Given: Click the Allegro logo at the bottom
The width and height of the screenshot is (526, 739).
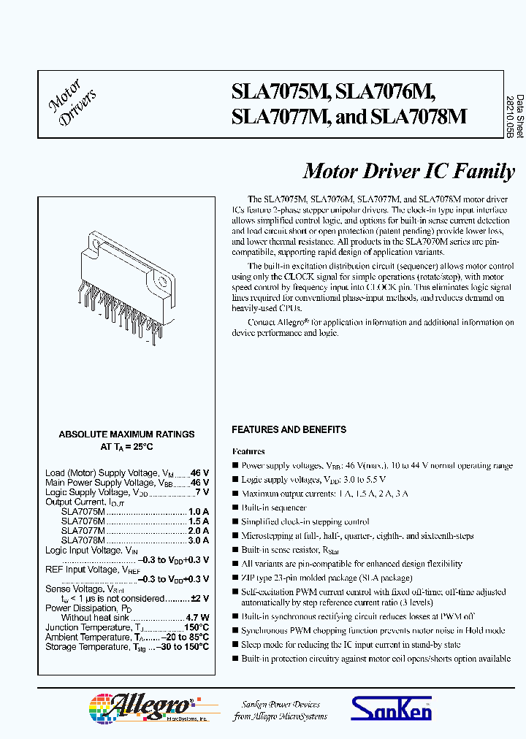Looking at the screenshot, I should coord(139,708).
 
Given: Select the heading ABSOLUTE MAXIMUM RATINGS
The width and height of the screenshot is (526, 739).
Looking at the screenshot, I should coord(126,434).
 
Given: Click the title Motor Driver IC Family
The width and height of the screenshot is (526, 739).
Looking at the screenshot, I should coord(408,172).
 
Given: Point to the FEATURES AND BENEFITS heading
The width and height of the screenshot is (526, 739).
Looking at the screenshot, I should coord(289,429).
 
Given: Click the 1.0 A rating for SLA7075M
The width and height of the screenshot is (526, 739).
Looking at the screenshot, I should coord(198,512).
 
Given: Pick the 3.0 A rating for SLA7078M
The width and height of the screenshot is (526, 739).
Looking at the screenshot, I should coord(198,540).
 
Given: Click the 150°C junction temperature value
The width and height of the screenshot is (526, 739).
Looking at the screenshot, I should coord(197,627).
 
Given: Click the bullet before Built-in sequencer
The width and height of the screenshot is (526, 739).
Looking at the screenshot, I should coord(235,508).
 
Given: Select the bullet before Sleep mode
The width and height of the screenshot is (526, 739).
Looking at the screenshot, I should coord(235,645).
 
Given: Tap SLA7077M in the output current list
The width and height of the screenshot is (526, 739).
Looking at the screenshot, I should coord(83,531).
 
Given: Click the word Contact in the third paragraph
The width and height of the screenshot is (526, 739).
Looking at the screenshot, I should coord(261,322).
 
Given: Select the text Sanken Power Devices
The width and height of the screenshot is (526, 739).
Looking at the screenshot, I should coord(281,704).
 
